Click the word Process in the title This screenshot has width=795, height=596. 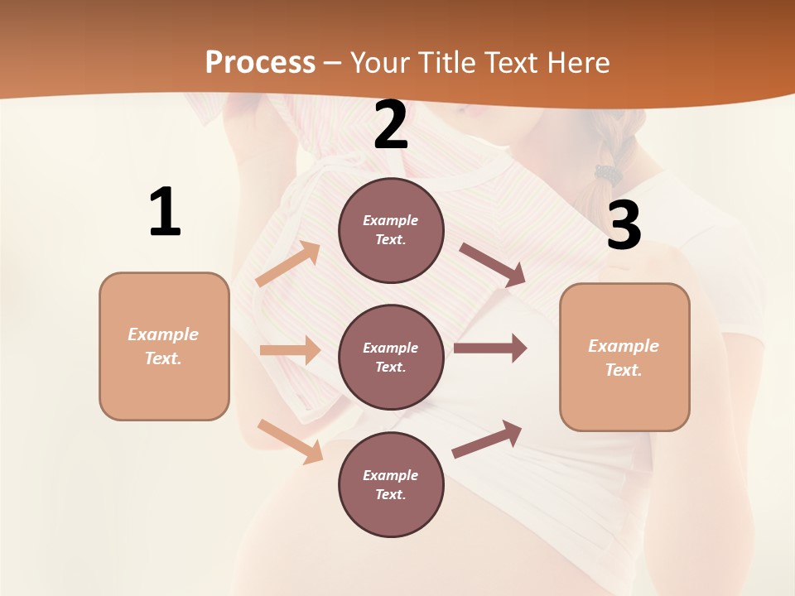point(260,62)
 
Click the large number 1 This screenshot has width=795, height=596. point(165,213)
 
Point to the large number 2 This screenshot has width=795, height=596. point(391,126)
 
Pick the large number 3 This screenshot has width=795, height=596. point(624,226)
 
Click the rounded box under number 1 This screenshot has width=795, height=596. point(164,346)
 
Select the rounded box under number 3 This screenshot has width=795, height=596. point(624,357)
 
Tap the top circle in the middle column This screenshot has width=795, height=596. point(391,230)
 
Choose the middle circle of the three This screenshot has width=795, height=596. point(391,357)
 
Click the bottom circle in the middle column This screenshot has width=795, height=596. point(391,484)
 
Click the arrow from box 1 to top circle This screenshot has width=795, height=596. point(287,264)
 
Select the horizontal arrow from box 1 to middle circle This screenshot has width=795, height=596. point(289,350)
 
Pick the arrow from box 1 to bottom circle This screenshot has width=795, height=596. point(290,441)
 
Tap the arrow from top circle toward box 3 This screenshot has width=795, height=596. point(492,264)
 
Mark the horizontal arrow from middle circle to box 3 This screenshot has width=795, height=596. point(489,348)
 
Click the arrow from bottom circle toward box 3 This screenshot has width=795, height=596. point(487,439)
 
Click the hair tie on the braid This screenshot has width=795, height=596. point(609,175)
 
